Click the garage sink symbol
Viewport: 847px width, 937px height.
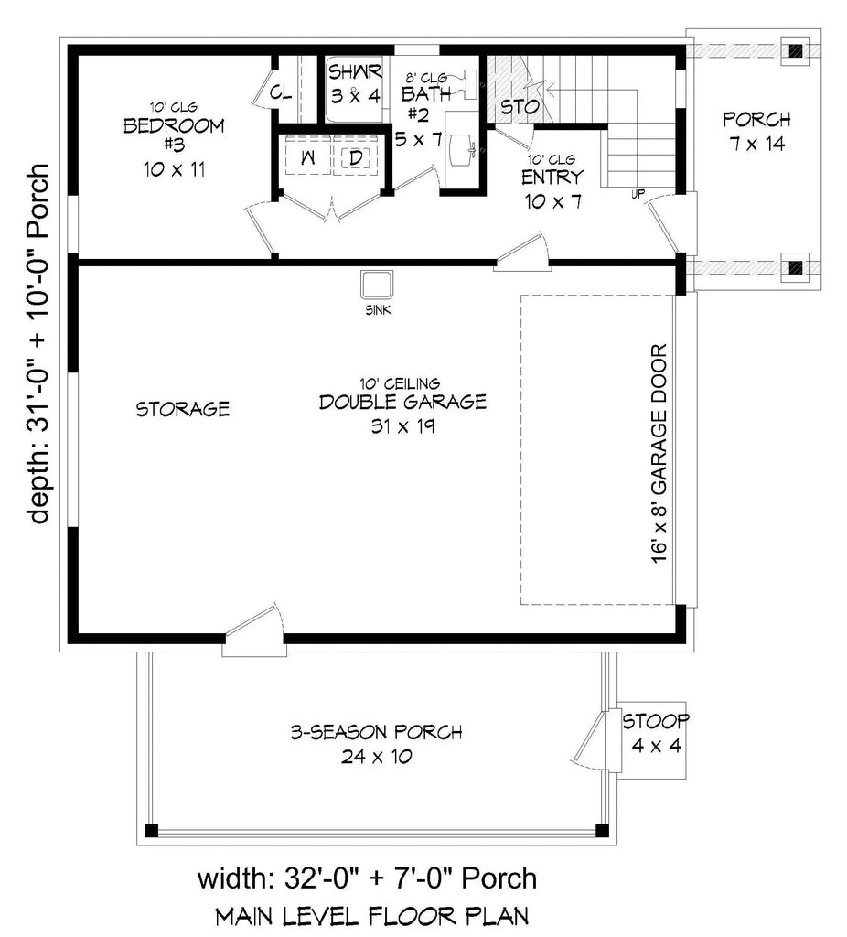[377, 285]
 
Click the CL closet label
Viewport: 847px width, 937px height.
[280, 92]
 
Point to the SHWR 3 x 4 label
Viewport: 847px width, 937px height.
[354, 82]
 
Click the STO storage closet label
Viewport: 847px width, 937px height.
[519, 107]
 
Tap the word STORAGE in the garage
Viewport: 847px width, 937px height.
[183, 409]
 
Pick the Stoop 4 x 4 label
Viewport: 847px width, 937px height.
[656, 733]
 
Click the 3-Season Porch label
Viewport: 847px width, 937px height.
[376, 743]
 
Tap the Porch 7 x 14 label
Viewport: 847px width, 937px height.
[756, 131]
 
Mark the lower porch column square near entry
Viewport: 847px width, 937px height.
[797, 267]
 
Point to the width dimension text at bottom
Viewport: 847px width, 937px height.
[367, 878]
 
